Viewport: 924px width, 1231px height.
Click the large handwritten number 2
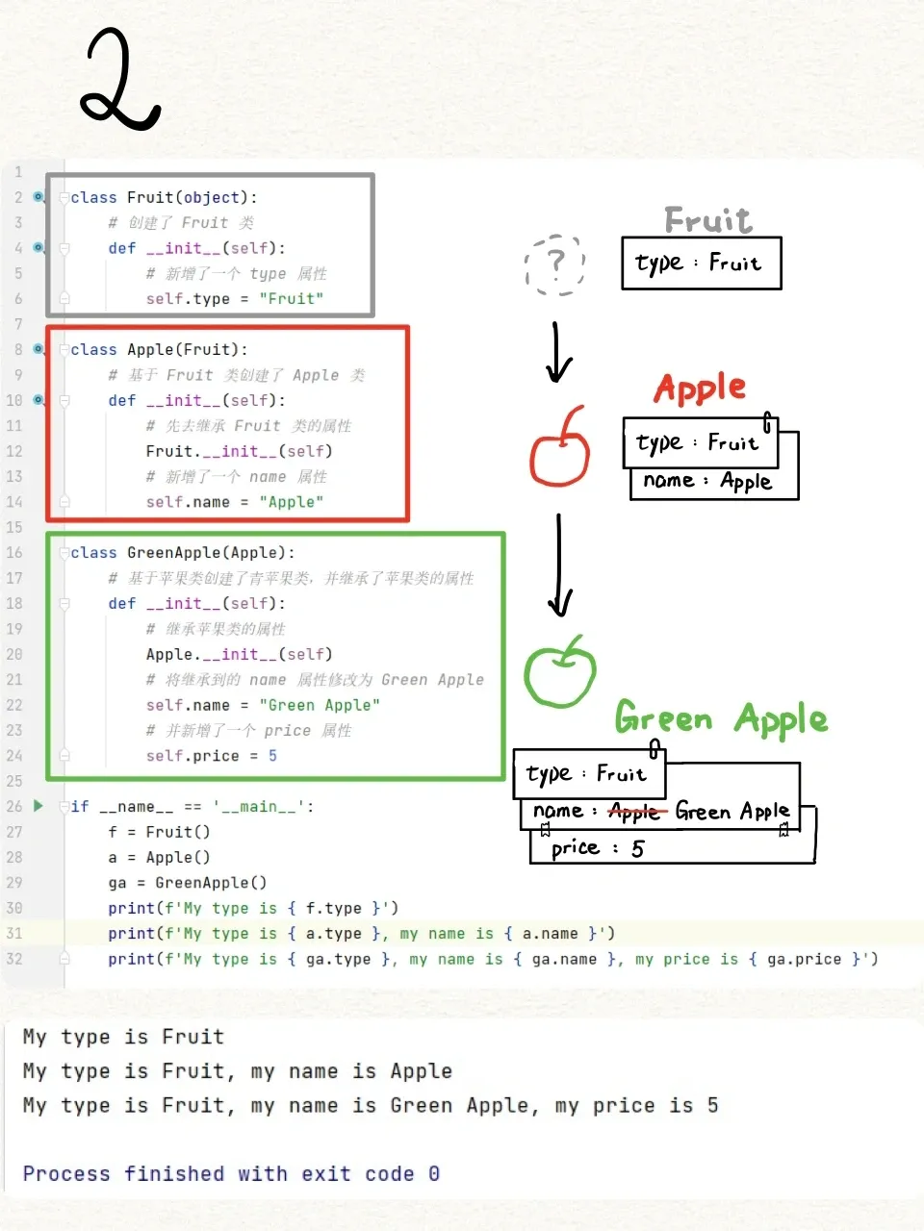click(x=119, y=79)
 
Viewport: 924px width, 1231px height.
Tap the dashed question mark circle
click(x=554, y=264)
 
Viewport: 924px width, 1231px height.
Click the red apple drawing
click(x=559, y=450)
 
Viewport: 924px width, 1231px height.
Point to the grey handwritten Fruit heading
click(x=708, y=220)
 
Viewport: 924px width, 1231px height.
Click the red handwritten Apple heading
click(x=700, y=389)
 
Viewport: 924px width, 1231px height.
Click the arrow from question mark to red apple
click(x=557, y=352)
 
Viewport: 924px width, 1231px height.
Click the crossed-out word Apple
click(x=635, y=813)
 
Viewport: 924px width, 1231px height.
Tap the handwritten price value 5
click(x=637, y=848)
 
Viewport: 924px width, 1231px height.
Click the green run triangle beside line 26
click(x=38, y=806)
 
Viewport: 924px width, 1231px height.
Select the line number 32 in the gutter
click(x=14, y=959)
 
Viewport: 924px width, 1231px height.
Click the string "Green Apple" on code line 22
click(x=320, y=705)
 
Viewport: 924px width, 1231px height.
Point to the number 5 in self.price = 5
click(x=272, y=756)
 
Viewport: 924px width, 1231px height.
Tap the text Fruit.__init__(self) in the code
click(x=239, y=451)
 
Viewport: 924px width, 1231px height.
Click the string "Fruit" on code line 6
click(x=292, y=299)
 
